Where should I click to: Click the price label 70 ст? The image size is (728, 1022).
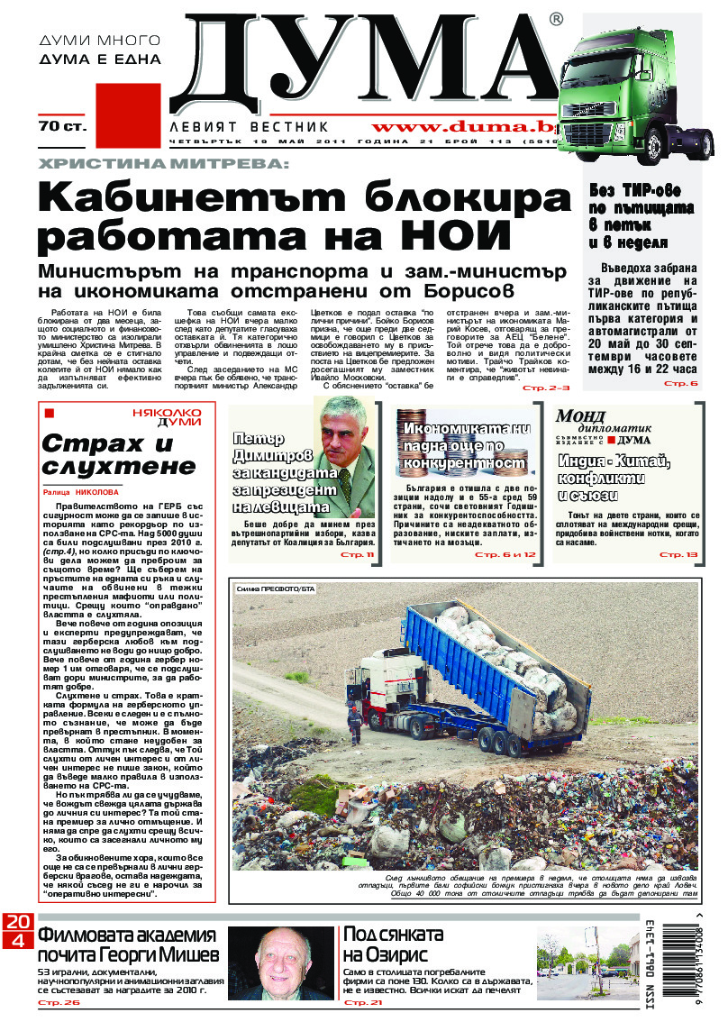tap(62, 127)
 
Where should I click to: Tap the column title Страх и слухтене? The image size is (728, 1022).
tap(119, 455)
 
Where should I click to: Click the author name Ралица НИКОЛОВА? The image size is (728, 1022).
tap(80, 493)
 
